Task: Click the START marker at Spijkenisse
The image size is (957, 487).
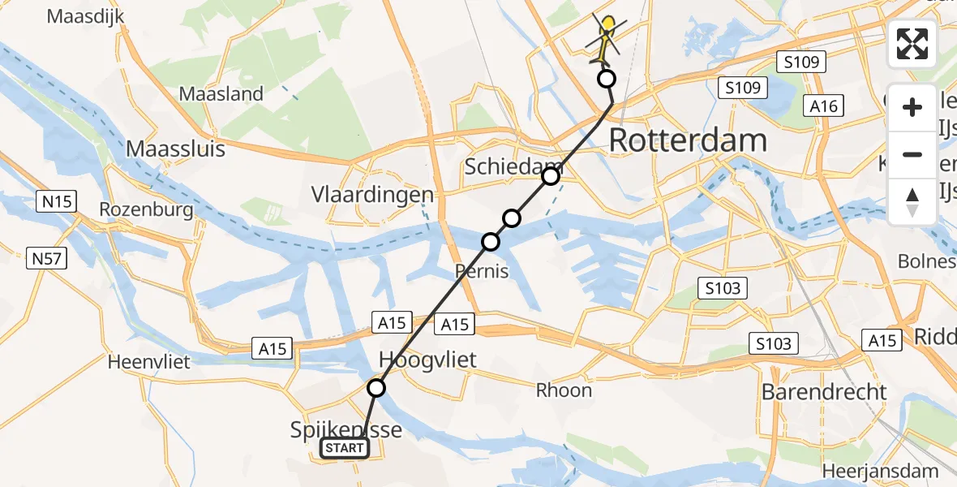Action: coord(345,448)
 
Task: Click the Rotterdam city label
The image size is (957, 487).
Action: coord(687,140)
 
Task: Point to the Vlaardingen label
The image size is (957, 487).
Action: coord(372,195)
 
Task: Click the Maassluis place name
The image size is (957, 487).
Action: coord(175,149)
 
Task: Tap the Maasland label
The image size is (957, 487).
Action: coord(221,94)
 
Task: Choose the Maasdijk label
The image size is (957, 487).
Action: coord(85,16)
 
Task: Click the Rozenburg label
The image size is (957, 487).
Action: coord(146,209)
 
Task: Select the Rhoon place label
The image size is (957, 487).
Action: coord(564,390)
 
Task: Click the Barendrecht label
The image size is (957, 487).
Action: coord(824,393)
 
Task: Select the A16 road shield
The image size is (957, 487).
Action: coord(822,106)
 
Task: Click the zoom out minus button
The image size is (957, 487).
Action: coord(912,154)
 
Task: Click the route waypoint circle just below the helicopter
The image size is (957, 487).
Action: coord(606,79)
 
